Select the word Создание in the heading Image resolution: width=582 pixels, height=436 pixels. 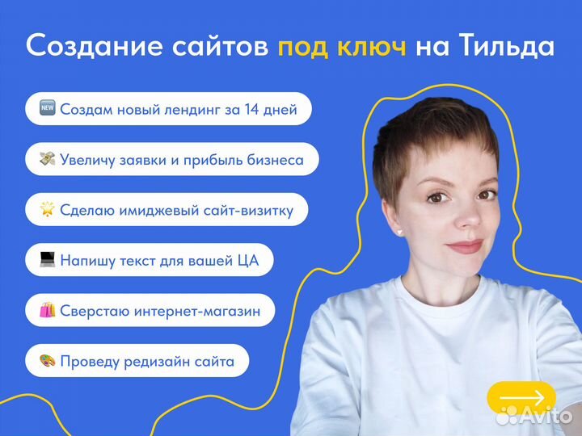[x=95, y=46]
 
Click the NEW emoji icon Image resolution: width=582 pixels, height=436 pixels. [x=48, y=108]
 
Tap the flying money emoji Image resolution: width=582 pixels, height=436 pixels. [x=48, y=159]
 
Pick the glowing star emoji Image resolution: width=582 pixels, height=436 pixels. [x=48, y=209]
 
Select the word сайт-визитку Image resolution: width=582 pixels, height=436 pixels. [x=248, y=211]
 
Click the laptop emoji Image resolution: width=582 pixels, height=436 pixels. [x=48, y=259]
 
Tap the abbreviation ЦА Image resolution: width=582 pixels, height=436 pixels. [x=247, y=261]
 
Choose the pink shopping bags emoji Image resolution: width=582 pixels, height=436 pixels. [x=48, y=310]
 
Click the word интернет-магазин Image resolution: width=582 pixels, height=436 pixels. [x=197, y=311]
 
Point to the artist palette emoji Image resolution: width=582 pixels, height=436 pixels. [x=48, y=360]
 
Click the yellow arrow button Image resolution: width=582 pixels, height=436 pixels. [x=521, y=397]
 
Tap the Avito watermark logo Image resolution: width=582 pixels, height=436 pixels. [x=533, y=416]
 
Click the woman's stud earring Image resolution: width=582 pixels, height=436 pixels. [x=400, y=233]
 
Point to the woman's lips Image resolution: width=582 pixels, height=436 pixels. [x=466, y=246]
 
